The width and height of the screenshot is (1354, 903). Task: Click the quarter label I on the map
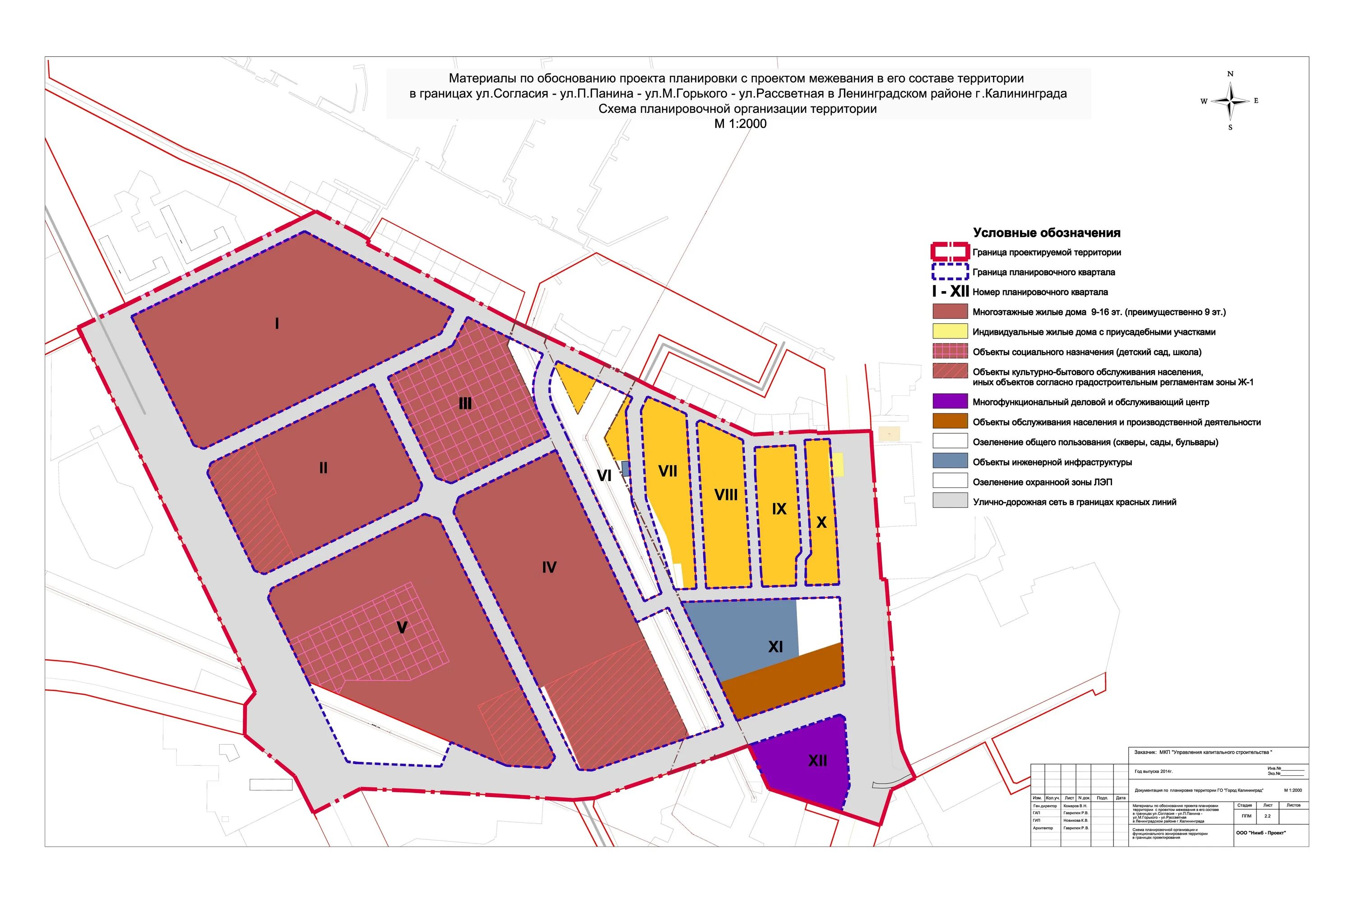277,324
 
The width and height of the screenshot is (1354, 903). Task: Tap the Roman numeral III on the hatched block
465,404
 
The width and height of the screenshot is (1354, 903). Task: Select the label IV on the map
549,568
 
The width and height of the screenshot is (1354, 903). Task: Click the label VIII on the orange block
726,495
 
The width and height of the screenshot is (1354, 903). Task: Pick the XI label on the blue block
775,647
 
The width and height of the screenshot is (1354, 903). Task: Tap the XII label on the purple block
817,761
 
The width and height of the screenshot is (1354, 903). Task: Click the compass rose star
1230,101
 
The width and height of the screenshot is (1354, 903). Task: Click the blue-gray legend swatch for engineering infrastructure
950,461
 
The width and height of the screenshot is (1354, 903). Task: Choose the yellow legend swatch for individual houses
950,331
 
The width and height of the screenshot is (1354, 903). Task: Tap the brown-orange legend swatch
950,421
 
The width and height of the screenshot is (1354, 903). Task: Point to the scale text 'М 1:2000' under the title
740,124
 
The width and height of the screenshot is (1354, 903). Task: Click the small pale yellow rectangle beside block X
837,465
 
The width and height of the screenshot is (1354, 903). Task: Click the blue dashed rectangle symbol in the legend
950,271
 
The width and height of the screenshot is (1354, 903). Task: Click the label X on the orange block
821,522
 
